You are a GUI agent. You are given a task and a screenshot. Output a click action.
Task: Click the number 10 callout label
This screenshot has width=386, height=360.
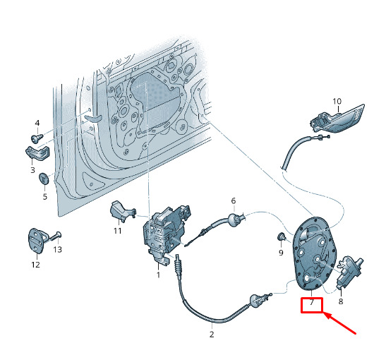click(x=337, y=101)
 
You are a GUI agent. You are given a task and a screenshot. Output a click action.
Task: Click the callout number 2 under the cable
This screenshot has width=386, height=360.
click(x=212, y=334)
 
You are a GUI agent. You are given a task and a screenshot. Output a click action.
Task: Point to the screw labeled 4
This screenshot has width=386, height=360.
click(x=37, y=138)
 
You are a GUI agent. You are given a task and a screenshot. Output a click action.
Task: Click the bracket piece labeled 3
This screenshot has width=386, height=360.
click(x=37, y=153)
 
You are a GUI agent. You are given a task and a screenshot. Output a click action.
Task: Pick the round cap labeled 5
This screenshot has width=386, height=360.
click(x=44, y=179)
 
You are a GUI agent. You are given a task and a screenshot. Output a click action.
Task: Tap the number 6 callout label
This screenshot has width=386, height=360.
click(x=234, y=200)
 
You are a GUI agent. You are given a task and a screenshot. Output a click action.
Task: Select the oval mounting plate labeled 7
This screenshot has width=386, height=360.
click(x=314, y=253)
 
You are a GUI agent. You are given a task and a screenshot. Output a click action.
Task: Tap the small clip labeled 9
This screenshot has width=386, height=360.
click(x=281, y=237)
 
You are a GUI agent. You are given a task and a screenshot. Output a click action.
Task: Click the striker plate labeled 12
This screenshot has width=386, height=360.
click(x=37, y=240)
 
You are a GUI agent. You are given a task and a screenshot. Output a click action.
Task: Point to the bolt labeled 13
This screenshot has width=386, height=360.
click(x=55, y=236)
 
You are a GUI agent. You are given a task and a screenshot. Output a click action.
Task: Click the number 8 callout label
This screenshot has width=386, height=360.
click(x=341, y=301)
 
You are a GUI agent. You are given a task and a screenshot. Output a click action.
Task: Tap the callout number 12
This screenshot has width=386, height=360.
click(x=36, y=265)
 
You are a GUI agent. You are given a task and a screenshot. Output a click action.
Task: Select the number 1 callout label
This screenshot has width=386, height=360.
click(x=158, y=275)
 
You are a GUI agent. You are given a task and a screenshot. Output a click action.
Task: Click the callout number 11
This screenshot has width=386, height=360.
click(x=117, y=231)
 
